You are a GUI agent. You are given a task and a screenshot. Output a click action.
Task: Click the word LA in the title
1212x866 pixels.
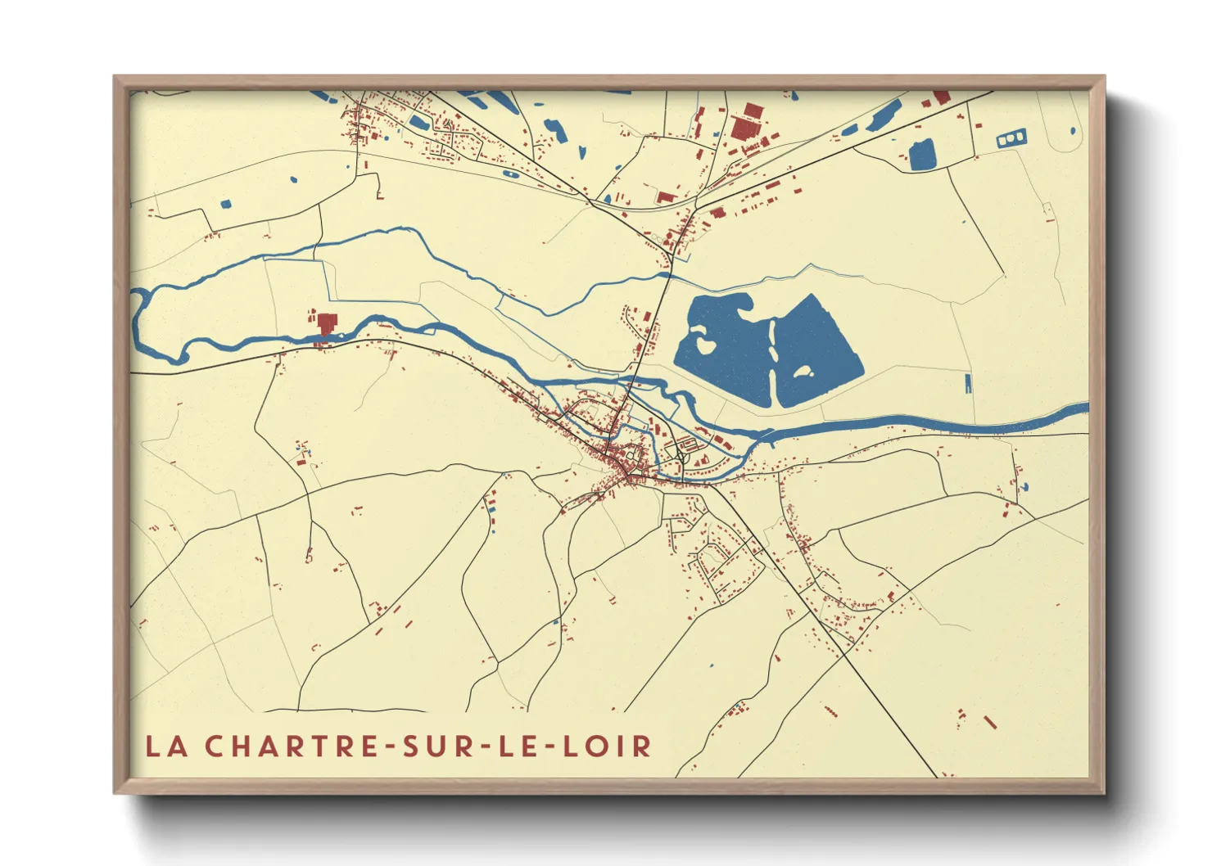click(164, 746)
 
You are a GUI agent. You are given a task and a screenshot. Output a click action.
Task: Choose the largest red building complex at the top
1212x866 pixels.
click(744, 129)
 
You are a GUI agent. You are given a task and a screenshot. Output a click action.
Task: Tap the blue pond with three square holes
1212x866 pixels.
click(1011, 140)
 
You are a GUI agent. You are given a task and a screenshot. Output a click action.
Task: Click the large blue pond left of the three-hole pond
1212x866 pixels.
click(922, 155)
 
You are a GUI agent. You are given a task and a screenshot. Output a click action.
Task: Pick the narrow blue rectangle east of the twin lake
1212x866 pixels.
click(967, 382)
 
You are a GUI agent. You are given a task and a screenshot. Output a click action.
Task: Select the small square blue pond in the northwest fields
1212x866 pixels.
click(226, 202)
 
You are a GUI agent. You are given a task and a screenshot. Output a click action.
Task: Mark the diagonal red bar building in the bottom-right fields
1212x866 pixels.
click(990, 722)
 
